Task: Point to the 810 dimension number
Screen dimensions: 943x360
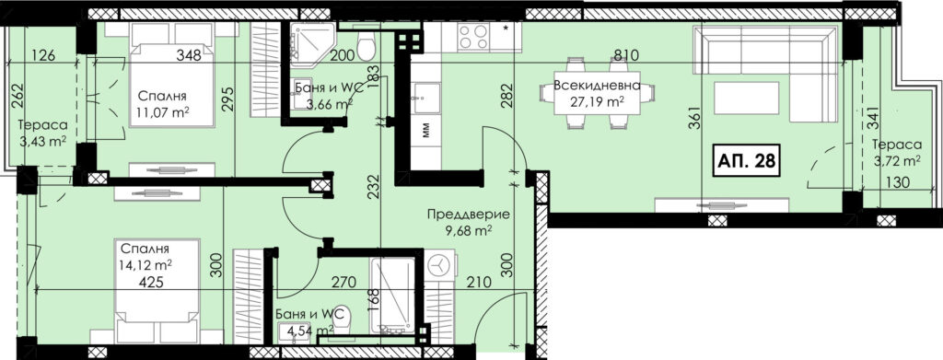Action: click(625, 56)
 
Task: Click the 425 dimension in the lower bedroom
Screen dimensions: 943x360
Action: click(151, 281)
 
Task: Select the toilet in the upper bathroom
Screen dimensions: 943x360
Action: click(366, 46)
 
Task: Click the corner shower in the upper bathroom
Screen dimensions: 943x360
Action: click(311, 42)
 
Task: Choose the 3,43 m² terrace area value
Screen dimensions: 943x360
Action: click(41, 141)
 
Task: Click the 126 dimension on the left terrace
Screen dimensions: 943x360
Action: click(42, 56)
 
